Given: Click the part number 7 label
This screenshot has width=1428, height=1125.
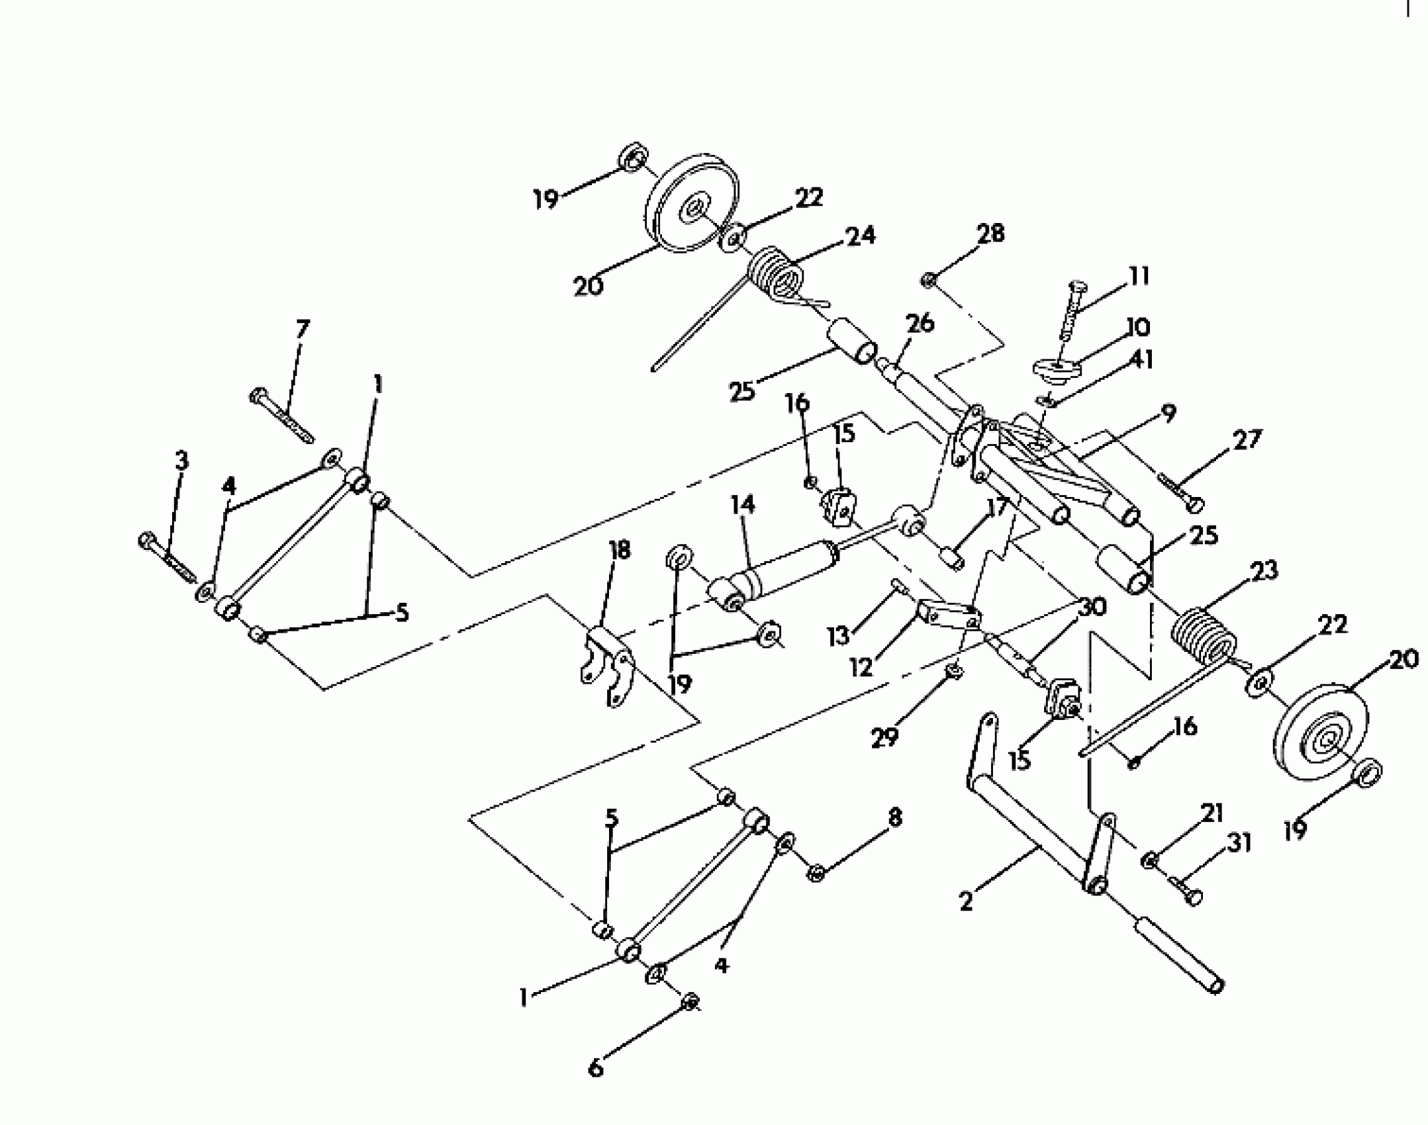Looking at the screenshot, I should pyautogui.click(x=302, y=329).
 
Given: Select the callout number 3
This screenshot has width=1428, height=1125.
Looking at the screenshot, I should pyautogui.click(x=181, y=461).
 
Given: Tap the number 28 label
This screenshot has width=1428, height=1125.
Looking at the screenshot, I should pyautogui.click(x=990, y=234).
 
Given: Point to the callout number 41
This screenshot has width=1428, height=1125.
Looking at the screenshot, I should pyautogui.click(x=1141, y=359).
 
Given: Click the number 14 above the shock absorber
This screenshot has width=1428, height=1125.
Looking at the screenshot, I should pyautogui.click(x=742, y=505).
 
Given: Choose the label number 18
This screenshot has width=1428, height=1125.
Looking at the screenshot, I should pyautogui.click(x=620, y=550).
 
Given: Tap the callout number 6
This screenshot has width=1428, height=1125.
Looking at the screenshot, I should pyautogui.click(x=596, y=1067).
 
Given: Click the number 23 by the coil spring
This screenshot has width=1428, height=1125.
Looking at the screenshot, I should pyautogui.click(x=1264, y=570).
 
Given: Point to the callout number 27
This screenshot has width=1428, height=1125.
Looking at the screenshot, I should pyautogui.click(x=1247, y=439).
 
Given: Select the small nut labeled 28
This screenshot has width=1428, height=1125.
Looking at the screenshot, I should pyautogui.click(x=928, y=281).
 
